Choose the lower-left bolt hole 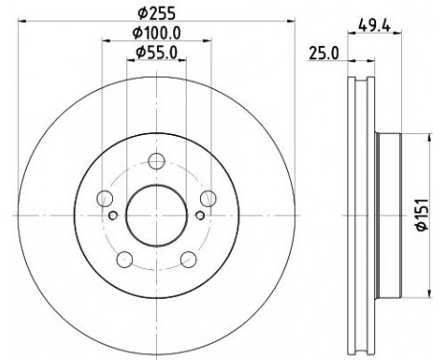[123, 258]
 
